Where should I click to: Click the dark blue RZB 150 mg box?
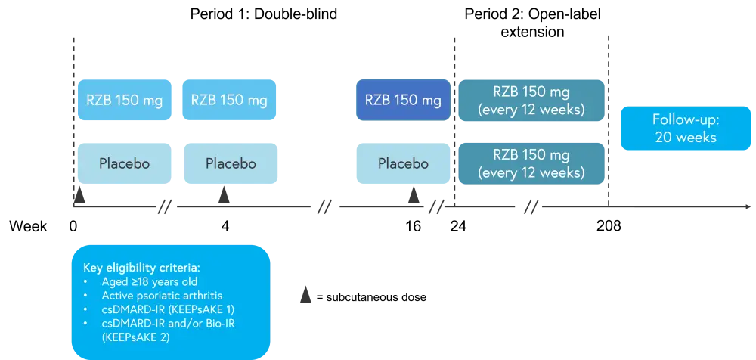(403, 101)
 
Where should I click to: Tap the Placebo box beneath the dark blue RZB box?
(403, 163)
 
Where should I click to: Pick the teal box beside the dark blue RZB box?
(531, 100)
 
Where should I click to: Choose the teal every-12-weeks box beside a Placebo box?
(531, 163)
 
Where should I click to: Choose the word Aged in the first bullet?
(114, 281)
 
